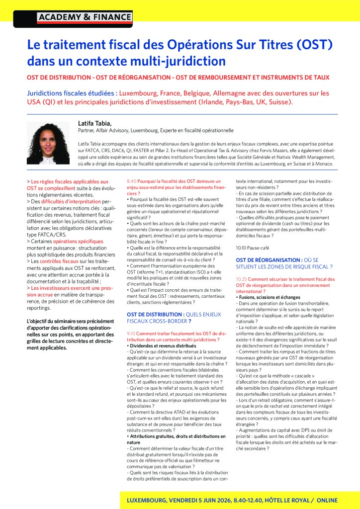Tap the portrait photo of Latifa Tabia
(48, 143)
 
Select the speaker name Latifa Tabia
(95, 123)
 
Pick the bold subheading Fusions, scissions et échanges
(267, 297)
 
